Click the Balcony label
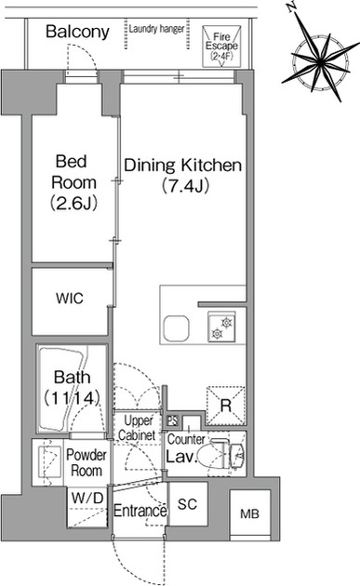[x=77, y=33]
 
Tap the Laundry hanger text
[x=156, y=29]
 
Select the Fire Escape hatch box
[x=221, y=47]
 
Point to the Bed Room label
[x=73, y=182]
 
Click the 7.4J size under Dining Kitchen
[x=185, y=186]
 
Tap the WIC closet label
[x=70, y=299]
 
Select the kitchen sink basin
[x=176, y=328]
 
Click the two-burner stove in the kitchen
[x=221, y=327]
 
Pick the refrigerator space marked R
[x=226, y=406]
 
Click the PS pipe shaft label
[x=172, y=420]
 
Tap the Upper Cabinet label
[x=137, y=428]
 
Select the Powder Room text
[x=87, y=462]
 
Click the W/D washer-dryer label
[x=87, y=498]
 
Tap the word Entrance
[x=140, y=511]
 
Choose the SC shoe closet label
[x=187, y=504]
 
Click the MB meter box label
[x=249, y=513]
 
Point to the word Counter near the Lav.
[x=186, y=439]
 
